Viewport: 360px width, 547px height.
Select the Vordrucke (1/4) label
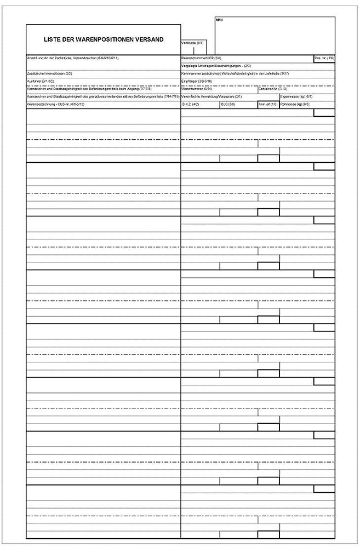click(192, 43)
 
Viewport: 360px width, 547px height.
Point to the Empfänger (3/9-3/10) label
click(197, 81)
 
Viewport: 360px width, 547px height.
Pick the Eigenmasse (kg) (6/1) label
click(296, 96)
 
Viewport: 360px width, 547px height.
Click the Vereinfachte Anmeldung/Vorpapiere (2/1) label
click(212, 96)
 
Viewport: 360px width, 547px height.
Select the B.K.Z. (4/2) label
click(190, 104)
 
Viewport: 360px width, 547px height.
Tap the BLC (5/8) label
click(228, 104)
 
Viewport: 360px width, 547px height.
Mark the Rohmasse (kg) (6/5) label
click(295, 104)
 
